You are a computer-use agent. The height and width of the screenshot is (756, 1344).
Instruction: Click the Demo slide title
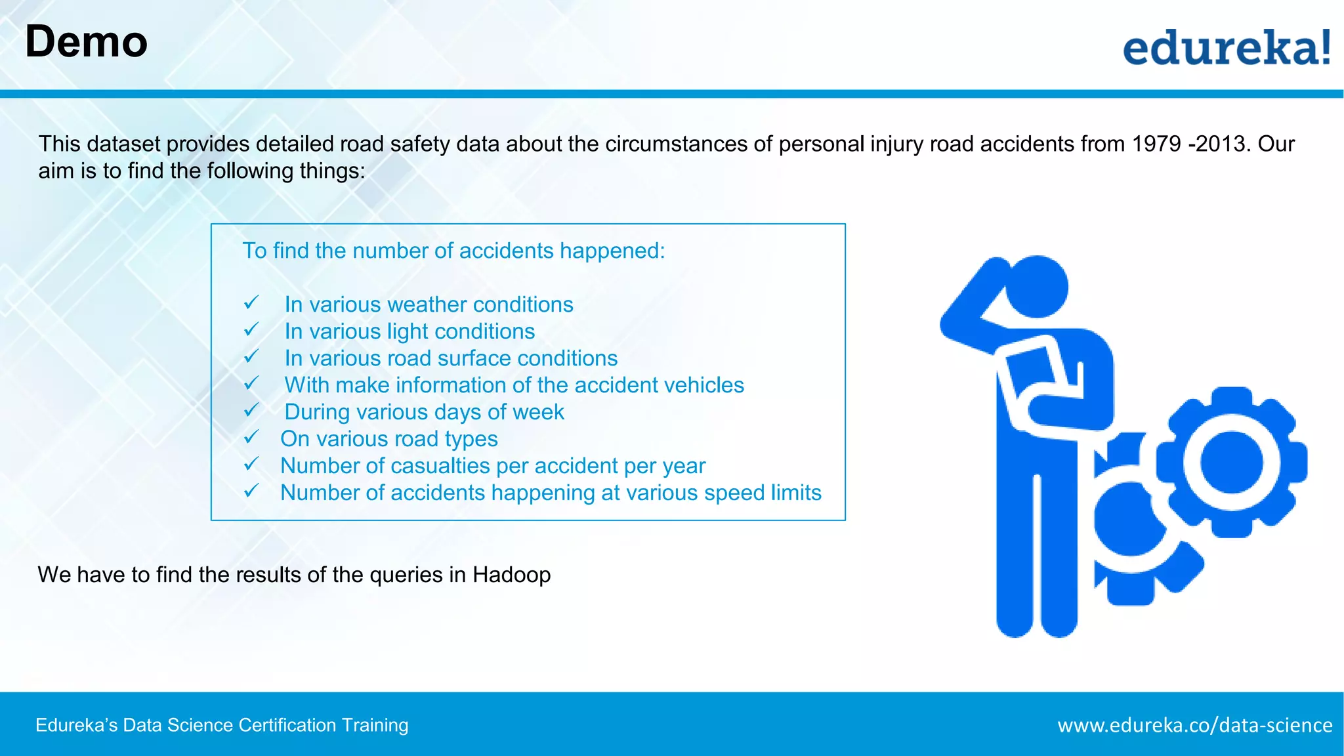coord(86,42)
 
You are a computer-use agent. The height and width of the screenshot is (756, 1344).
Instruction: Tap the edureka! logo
coord(1226,47)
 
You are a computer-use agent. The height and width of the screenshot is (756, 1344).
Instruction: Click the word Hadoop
coord(511,575)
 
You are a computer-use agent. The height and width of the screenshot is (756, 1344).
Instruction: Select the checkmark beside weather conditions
coord(251,303)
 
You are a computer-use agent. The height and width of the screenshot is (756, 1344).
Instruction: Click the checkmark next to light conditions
coord(251,330)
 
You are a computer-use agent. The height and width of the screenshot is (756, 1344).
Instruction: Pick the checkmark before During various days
coord(251,411)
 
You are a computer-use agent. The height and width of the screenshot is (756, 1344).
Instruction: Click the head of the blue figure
coord(1036,287)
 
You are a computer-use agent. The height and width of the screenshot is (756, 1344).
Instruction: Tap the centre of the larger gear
coord(1231,462)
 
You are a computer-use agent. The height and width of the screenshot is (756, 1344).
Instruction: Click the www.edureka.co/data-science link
coord(1194,725)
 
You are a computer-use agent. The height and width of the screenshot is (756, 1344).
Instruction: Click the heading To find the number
coord(453,251)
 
